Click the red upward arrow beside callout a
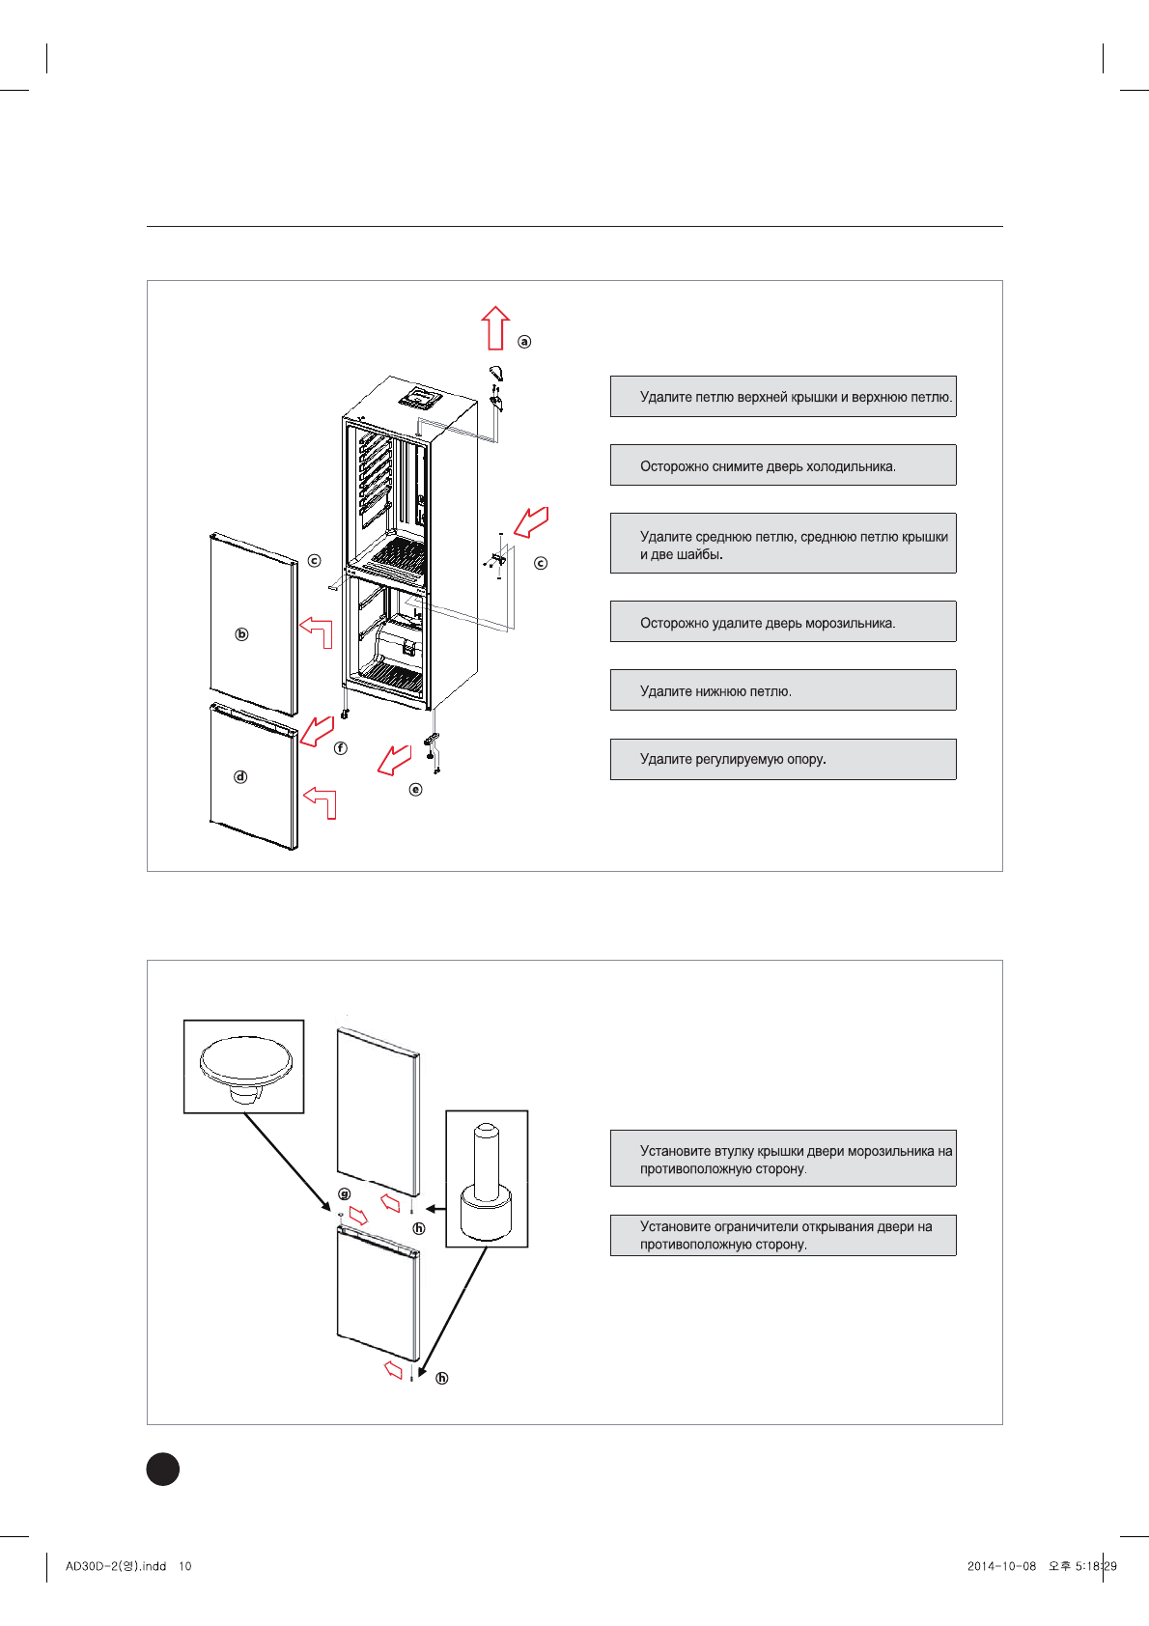(495, 328)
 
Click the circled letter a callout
(524, 342)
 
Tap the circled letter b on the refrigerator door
(241, 634)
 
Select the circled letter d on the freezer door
(240, 776)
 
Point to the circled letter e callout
(416, 789)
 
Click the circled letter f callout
(340, 748)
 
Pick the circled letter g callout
(345, 1194)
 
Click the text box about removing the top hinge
(783, 397)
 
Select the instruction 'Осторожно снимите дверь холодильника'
(783, 465)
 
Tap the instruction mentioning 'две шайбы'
(783, 544)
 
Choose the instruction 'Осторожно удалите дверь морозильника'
(783, 622)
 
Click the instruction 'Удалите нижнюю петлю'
(783, 690)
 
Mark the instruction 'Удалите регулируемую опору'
(783, 759)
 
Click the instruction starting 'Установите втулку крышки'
(783, 1159)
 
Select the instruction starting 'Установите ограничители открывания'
(783, 1235)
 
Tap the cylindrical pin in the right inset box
(487, 1178)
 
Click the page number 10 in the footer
(185, 1566)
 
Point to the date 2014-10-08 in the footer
(1001, 1566)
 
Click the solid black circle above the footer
(163, 1469)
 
